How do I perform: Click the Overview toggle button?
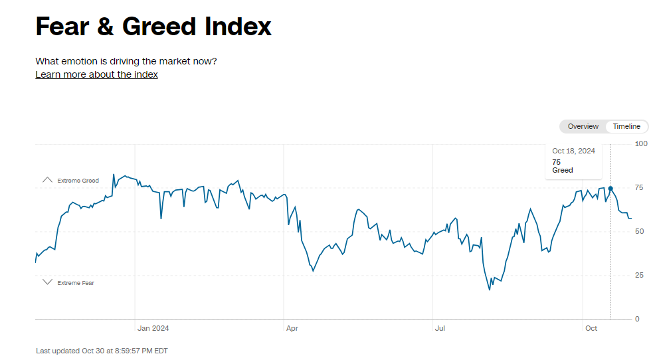coord(583,126)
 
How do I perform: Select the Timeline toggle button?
coord(626,126)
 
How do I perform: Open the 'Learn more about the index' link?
coord(96,74)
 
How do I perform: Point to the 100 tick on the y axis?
coord(641,143)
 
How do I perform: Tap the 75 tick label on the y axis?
coord(639,188)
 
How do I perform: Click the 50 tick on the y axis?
coord(639,231)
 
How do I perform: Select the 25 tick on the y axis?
coord(639,275)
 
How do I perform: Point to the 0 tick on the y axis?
coord(637,319)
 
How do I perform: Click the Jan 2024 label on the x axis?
coord(153,328)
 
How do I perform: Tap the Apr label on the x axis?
coord(292,328)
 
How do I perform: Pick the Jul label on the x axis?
coord(440,328)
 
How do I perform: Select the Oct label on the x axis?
coord(591,328)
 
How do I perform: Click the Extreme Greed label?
coord(78,181)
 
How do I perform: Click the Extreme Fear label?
coord(76,283)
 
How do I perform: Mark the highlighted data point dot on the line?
coord(610,189)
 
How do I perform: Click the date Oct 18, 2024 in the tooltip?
coord(573,151)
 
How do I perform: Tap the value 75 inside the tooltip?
coord(556,161)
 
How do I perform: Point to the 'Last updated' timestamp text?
coord(102,351)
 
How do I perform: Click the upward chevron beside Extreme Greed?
coord(47,180)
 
